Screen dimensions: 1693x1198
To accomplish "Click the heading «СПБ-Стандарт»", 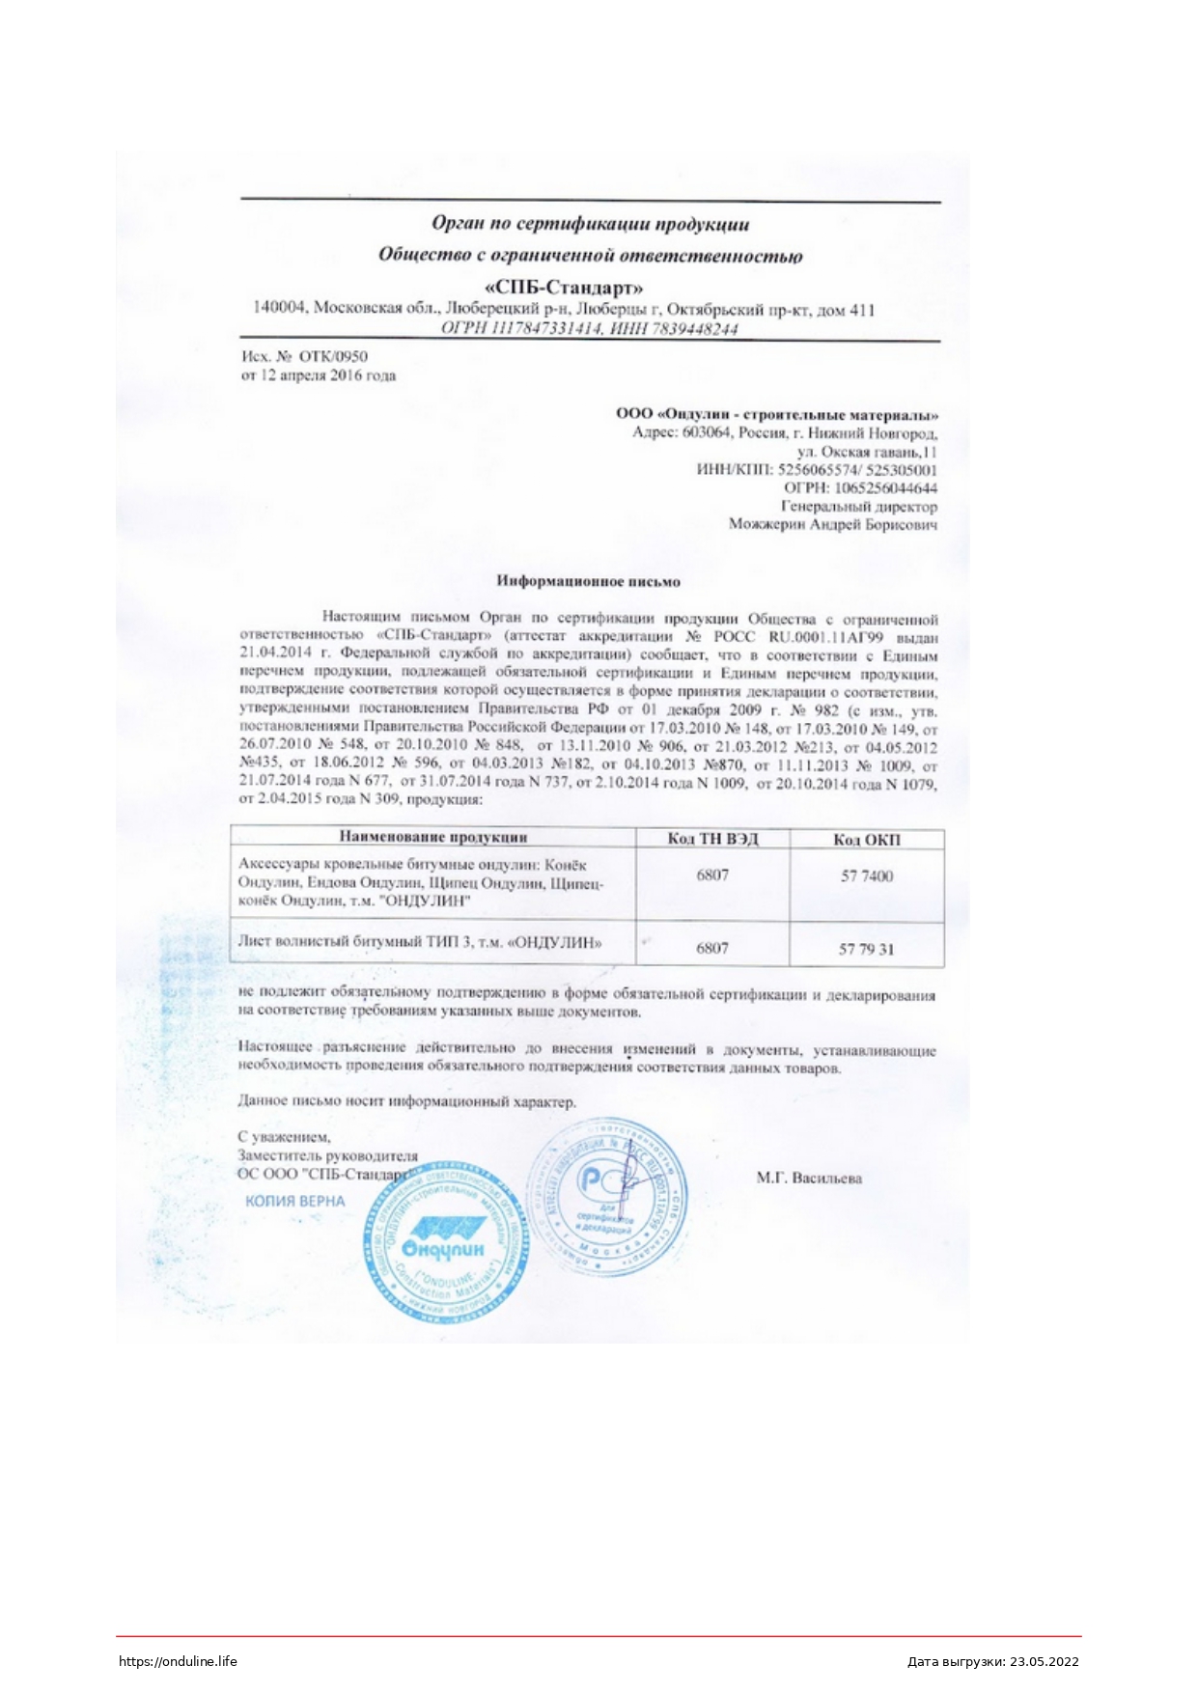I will point(564,287).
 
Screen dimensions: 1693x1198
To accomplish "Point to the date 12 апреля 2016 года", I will point(327,375).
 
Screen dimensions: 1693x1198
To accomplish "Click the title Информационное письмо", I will point(588,581).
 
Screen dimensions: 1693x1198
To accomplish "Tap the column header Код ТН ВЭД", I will point(712,838).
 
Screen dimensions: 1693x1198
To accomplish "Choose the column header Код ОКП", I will point(866,839).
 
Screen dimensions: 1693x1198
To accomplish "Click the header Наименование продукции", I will point(433,837).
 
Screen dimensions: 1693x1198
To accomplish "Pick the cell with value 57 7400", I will point(866,876).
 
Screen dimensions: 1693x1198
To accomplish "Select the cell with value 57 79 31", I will point(866,949).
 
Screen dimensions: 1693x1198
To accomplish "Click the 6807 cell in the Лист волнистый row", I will point(712,948).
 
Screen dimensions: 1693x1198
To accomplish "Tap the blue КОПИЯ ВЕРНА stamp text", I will point(294,1202).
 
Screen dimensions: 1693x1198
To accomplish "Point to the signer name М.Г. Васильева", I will point(809,1178).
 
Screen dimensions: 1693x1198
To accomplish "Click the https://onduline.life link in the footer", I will point(178,1661).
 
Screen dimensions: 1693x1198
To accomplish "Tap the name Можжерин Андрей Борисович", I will point(832,525).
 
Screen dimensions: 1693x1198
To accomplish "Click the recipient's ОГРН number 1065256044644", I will point(885,488).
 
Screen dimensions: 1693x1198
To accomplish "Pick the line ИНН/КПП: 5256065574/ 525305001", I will point(817,470).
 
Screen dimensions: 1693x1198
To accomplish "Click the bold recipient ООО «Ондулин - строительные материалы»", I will point(777,414).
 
